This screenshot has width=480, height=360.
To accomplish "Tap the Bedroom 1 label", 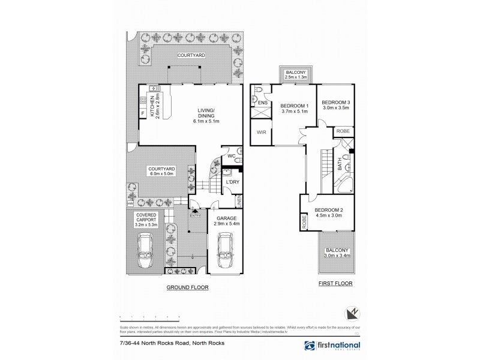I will pyautogui.click(x=293, y=106).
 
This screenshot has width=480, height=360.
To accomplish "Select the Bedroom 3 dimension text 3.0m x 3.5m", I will pyautogui.click(x=335, y=109).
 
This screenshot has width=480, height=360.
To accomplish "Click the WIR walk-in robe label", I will pyautogui.click(x=262, y=133).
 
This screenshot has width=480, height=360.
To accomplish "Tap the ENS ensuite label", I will pyautogui.click(x=262, y=103).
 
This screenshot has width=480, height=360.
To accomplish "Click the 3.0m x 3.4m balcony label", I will pyautogui.click(x=335, y=253).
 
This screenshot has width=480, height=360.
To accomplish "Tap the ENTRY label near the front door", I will pyautogui.click(x=196, y=215).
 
